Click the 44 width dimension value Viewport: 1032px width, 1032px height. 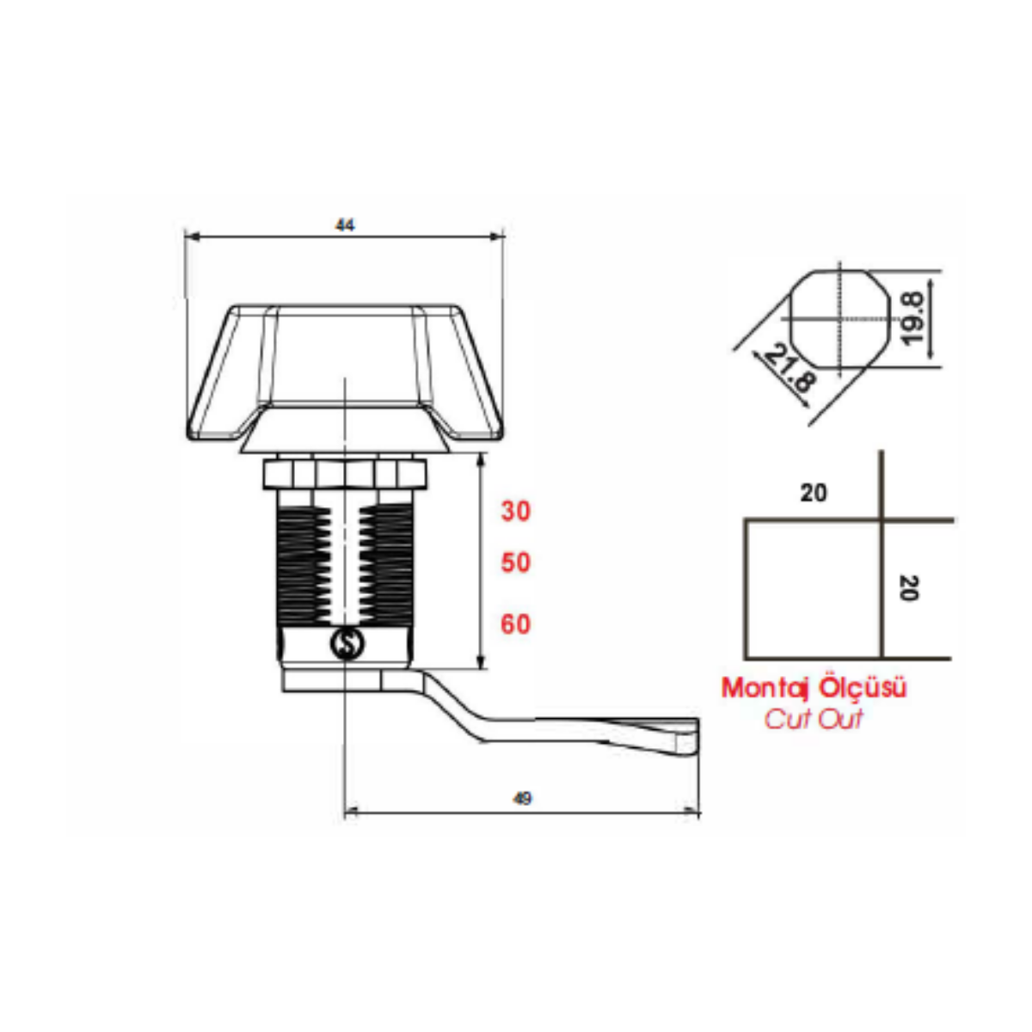pos(345,225)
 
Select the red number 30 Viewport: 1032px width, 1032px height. pos(516,511)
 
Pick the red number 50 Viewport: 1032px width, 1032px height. pos(516,562)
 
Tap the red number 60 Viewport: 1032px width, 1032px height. pos(516,624)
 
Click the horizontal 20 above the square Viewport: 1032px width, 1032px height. pos(814,493)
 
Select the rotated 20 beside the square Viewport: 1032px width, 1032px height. pos(909,588)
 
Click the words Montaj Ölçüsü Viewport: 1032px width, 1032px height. pos(814,687)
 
